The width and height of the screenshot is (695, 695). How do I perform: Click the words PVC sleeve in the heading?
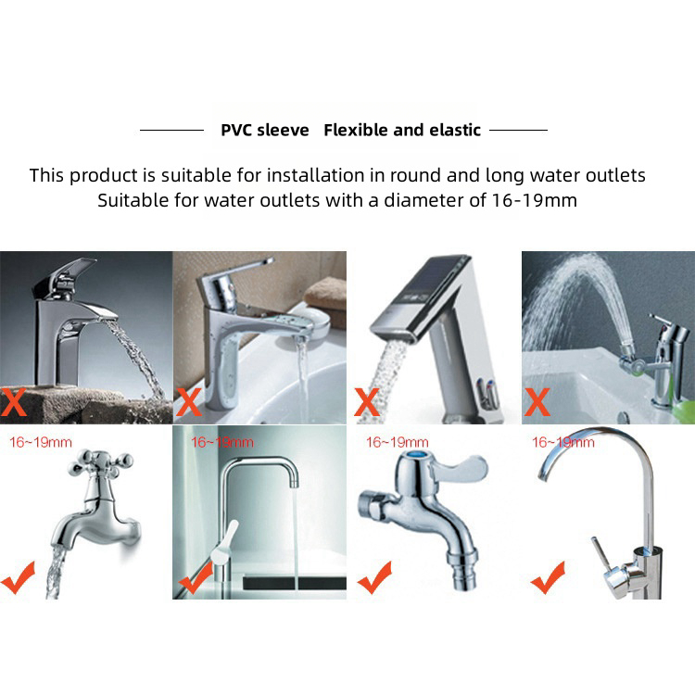pos(265,131)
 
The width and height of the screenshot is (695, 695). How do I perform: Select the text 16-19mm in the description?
pos(535,200)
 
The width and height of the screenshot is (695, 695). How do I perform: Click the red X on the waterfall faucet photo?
pos(13,401)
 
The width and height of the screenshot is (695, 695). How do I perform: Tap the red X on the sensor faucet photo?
pos(367,401)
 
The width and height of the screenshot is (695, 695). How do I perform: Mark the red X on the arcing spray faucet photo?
pos(537,401)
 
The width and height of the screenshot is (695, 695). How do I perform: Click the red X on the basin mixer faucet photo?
pos(189,401)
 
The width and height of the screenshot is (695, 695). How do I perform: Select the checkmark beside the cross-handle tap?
pos(18,578)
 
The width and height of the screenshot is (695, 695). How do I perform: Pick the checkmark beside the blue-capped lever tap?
pos(374,578)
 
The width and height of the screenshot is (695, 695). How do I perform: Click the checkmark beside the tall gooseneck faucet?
pos(548,578)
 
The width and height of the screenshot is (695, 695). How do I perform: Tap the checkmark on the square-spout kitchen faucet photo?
pos(196,578)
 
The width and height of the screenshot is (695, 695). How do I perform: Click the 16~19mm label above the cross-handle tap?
pos(41,442)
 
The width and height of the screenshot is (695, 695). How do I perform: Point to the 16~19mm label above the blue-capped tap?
pos(398,442)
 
